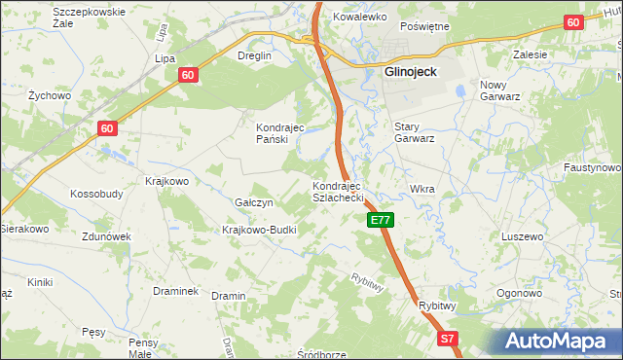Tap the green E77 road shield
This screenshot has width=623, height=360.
click(x=381, y=221)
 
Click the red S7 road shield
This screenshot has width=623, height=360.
click(x=447, y=339)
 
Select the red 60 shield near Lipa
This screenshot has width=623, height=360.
click(x=189, y=74)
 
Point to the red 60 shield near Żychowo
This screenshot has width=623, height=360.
click(x=107, y=127)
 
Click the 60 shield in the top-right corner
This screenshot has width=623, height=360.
click(x=572, y=22)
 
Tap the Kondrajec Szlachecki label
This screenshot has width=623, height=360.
click(x=337, y=192)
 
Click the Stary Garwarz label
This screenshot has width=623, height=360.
click(x=413, y=131)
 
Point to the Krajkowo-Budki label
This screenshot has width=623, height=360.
click(x=258, y=230)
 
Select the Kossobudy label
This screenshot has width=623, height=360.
click(x=96, y=194)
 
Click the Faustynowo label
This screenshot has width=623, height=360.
click(x=592, y=167)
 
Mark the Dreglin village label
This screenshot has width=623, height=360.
click(x=254, y=56)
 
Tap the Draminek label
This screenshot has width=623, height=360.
click(x=175, y=291)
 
